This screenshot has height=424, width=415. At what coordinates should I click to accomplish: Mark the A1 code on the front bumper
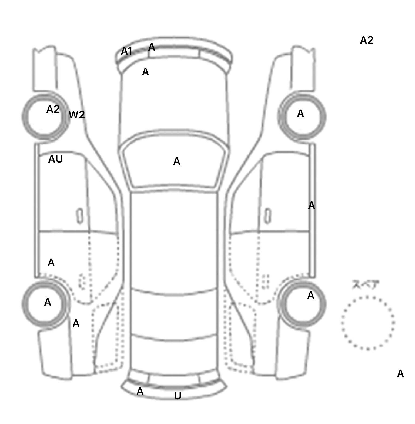(126, 51)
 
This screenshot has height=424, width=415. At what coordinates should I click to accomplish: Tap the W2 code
(77, 115)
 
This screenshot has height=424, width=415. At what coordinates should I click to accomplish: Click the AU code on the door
(55, 159)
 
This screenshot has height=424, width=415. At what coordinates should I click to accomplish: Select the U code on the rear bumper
(178, 396)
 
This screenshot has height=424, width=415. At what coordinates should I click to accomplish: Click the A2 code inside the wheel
(53, 109)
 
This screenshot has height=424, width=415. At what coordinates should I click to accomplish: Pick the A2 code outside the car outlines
(366, 40)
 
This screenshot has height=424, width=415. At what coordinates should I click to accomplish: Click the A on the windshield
(176, 161)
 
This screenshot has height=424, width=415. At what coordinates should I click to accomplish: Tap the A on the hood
(145, 72)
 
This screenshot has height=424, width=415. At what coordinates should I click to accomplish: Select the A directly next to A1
(152, 47)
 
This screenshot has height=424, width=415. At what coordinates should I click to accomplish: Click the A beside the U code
(140, 391)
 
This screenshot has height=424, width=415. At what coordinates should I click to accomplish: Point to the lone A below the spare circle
(400, 374)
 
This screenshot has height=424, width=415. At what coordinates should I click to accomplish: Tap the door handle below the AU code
(80, 216)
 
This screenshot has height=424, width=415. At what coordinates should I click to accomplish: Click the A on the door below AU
(51, 262)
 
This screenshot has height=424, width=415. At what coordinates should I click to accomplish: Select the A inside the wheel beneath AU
(48, 302)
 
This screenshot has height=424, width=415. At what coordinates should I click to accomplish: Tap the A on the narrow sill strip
(312, 206)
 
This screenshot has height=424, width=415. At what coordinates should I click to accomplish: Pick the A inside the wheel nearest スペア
(311, 295)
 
